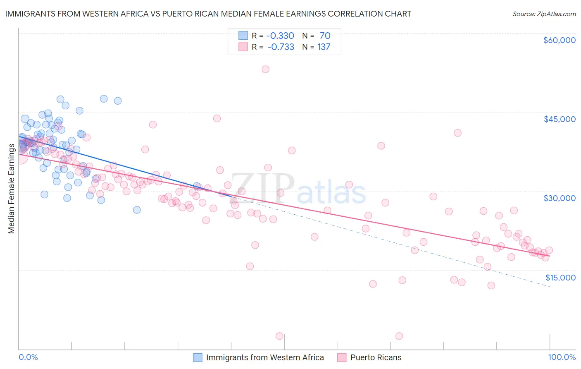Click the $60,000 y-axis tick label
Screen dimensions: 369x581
(x=559, y=40)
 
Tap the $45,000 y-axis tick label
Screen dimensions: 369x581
(x=559, y=119)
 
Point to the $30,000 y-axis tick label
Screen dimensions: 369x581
(x=559, y=198)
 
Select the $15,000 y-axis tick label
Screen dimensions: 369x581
(x=560, y=278)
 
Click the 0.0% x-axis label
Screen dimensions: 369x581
(x=28, y=357)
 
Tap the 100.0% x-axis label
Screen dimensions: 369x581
(x=562, y=357)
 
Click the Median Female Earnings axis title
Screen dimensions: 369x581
(x=12, y=189)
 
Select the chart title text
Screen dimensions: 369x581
(x=208, y=14)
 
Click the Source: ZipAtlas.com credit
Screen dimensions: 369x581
(x=544, y=14)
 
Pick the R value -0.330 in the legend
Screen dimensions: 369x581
(x=281, y=36)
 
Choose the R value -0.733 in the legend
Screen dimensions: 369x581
(x=281, y=47)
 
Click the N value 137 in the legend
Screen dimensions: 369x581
(x=324, y=47)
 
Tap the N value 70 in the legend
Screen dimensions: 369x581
(x=325, y=36)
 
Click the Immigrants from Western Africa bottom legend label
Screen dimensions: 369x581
(x=265, y=358)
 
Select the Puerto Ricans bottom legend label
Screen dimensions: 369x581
(x=376, y=358)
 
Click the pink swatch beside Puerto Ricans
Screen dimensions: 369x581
(x=342, y=358)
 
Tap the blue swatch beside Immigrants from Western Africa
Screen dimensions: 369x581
(x=198, y=358)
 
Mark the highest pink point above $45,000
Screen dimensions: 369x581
(x=265, y=69)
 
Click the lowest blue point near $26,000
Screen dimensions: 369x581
(x=137, y=210)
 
